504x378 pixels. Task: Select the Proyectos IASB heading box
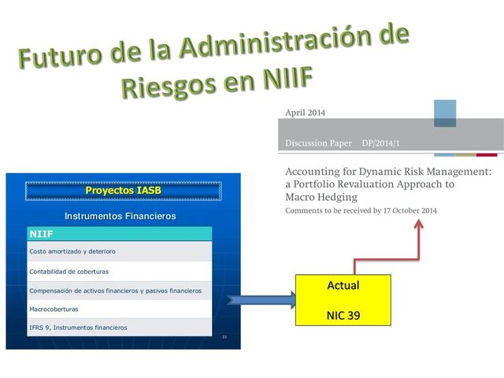point(122,191)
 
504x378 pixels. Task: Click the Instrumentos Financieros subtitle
point(120,216)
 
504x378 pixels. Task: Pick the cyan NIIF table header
point(120,234)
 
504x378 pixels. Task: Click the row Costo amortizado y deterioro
point(120,251)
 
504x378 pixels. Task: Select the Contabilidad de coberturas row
point(120,271)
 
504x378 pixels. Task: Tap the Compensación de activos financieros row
point(120,291)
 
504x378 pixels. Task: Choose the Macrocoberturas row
point(120,309)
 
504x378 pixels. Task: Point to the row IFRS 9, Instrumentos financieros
point(120,327)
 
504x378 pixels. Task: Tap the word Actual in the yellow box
point(343,285)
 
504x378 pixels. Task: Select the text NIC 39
point(343,315)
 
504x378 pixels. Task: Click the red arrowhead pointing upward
point(418,225)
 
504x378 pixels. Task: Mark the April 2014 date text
point(305,113)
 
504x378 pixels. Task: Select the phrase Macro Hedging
point(321,197)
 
